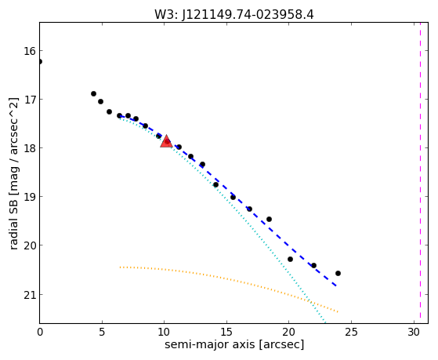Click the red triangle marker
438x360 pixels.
coord(166,141)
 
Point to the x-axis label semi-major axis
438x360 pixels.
coord(209,344)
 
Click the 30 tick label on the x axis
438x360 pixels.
coord(414,333)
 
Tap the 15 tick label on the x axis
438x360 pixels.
coord(226,333)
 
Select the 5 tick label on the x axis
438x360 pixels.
coord(102,333)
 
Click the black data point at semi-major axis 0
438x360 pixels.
coord(40,61)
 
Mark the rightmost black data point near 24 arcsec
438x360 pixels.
coord(338,273)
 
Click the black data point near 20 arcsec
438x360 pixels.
coord(290,260)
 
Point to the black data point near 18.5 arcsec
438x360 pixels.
coord(269,219)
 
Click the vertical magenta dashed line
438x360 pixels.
coord(420,173)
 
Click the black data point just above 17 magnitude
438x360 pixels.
coord(93,93)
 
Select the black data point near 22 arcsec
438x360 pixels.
coord(313,265)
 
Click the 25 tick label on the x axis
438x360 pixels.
coord(351,333)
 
